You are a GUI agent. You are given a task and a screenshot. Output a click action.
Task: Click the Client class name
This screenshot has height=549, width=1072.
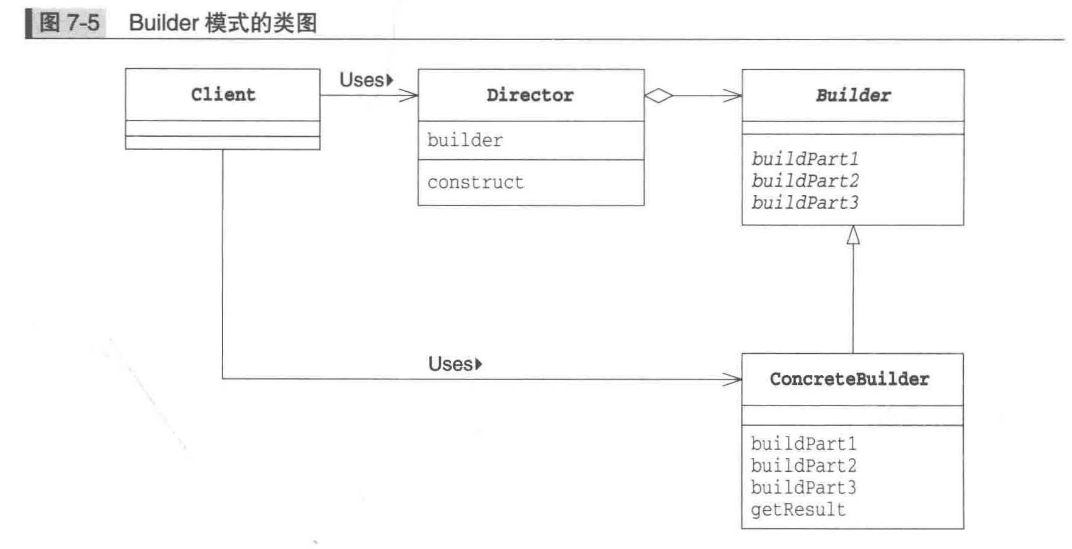tap(223, 95)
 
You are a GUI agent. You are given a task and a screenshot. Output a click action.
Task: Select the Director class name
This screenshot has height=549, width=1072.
tap(530, 95)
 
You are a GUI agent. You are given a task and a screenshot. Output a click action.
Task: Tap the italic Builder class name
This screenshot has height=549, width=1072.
tap(853, 95)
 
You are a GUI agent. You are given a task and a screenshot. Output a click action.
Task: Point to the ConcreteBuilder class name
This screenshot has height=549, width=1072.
tap(849, 379)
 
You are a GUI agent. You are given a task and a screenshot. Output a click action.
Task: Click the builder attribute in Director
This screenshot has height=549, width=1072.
tap(465, 140)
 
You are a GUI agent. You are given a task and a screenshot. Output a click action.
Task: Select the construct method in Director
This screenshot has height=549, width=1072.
tap(475, 182)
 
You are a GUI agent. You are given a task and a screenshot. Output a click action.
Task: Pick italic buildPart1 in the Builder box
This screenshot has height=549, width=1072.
tap(804, 159)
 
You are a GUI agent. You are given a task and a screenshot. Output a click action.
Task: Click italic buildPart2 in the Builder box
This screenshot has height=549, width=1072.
tap(804, 181)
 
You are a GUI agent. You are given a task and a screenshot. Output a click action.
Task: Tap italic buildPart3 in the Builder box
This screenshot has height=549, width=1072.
tap(804, 202)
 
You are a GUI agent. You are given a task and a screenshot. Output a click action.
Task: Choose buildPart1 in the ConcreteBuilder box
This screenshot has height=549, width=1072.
tap(803, 444)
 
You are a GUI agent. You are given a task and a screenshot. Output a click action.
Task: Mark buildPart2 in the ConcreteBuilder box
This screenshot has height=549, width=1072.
tap(803, 466)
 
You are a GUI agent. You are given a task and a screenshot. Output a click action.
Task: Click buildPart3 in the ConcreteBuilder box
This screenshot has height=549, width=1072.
tap(803, 488)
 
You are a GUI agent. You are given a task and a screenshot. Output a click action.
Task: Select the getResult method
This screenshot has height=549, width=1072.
tap(798, 509)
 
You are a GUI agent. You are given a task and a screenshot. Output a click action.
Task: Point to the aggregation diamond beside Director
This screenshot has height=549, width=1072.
tap(659, 95)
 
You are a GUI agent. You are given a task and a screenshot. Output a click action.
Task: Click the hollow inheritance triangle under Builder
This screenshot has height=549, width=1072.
tap(853, 235)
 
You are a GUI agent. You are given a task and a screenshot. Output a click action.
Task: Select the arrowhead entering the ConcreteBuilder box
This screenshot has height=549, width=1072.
tap(733, 379)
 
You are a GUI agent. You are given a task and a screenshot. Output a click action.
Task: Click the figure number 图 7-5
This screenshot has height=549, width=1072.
tap(69, 23)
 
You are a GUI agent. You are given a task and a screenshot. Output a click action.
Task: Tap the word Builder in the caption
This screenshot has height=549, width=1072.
tap(164, 23)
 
